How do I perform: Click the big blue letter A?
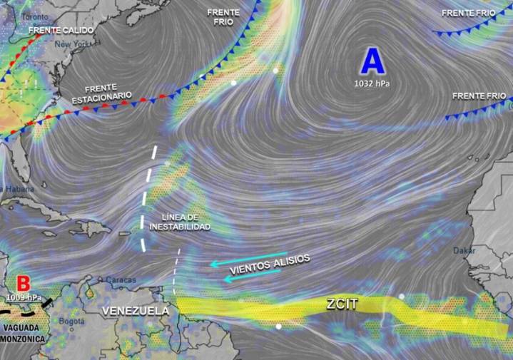(372, 61)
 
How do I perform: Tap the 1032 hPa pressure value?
(372, 84)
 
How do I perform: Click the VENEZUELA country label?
(136, 311)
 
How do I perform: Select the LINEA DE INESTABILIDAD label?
(181, 221)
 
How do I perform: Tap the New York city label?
(73, 44)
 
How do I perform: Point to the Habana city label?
(18, 188)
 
